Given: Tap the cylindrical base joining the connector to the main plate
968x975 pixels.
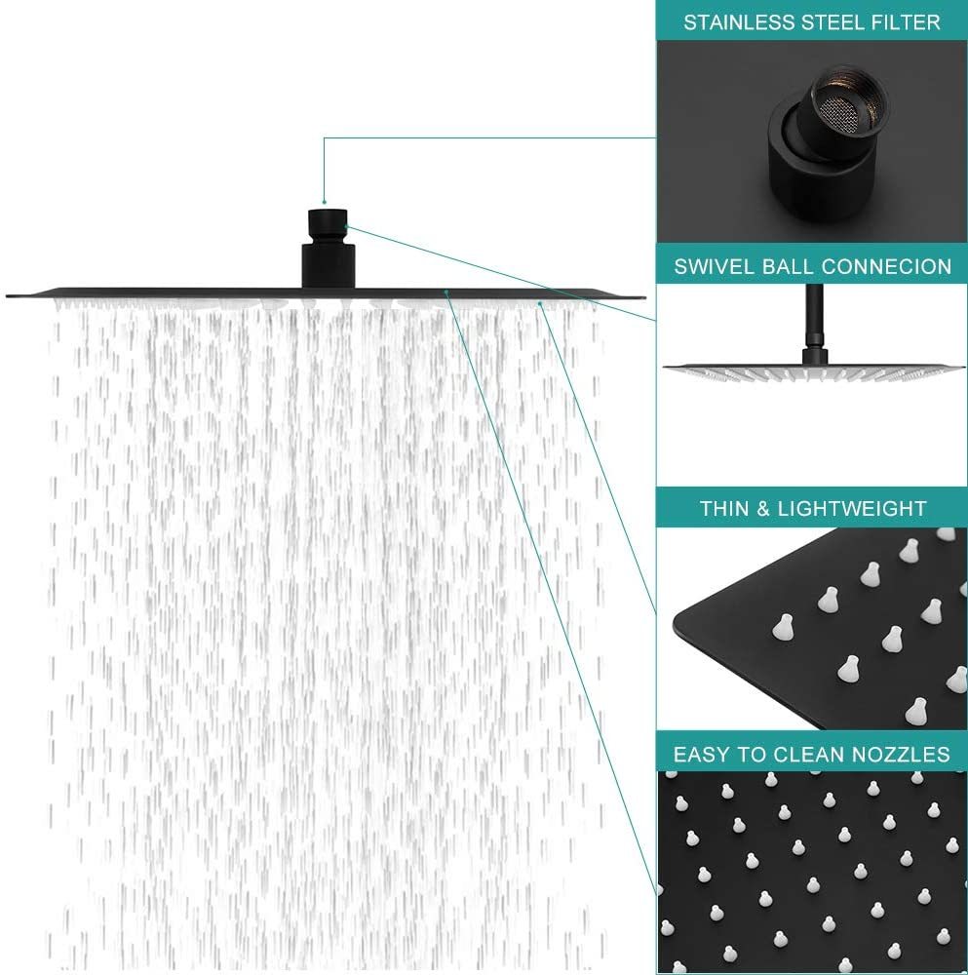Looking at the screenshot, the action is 329,266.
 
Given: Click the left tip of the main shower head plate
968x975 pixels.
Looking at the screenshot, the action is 8,296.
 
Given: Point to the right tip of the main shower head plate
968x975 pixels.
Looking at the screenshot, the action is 644,296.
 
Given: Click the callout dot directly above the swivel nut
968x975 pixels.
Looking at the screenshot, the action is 324,202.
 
